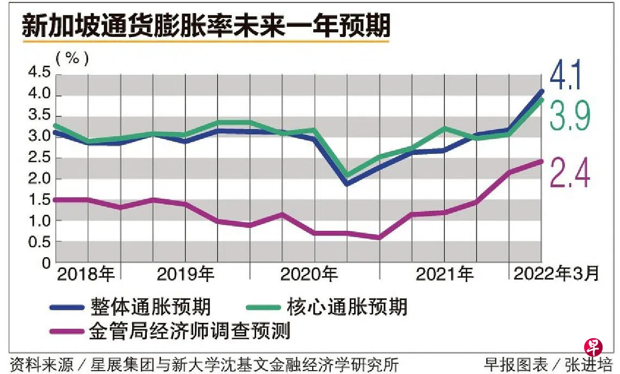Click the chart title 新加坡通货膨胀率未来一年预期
coord(206,26)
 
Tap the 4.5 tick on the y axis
coord(40,72)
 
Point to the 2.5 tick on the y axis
coord(40,157)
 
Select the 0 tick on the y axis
coord(46,263)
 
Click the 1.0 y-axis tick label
coord(40,221)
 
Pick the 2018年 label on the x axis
coord(86,274)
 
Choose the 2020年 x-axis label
coord(309,274)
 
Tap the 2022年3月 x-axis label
coord(556,273)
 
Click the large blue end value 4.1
coord(566,74)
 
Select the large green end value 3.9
coord(569,115)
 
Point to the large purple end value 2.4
coord(569,172)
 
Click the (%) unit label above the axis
coord(72,59)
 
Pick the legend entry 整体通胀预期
coord(150,307)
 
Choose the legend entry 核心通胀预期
coord(347,307)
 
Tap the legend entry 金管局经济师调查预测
coord(190,331)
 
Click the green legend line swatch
coord(263,307)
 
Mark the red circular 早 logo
coord(593,347)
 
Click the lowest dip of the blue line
coord(347,184)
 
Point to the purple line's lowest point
coord(379,238)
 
